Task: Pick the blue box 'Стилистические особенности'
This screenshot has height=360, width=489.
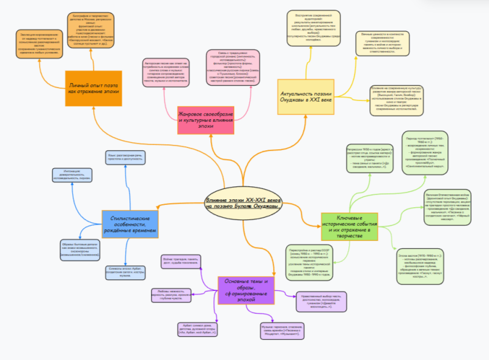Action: click(130, 224)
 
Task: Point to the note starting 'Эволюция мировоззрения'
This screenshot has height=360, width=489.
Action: click(39, 45)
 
